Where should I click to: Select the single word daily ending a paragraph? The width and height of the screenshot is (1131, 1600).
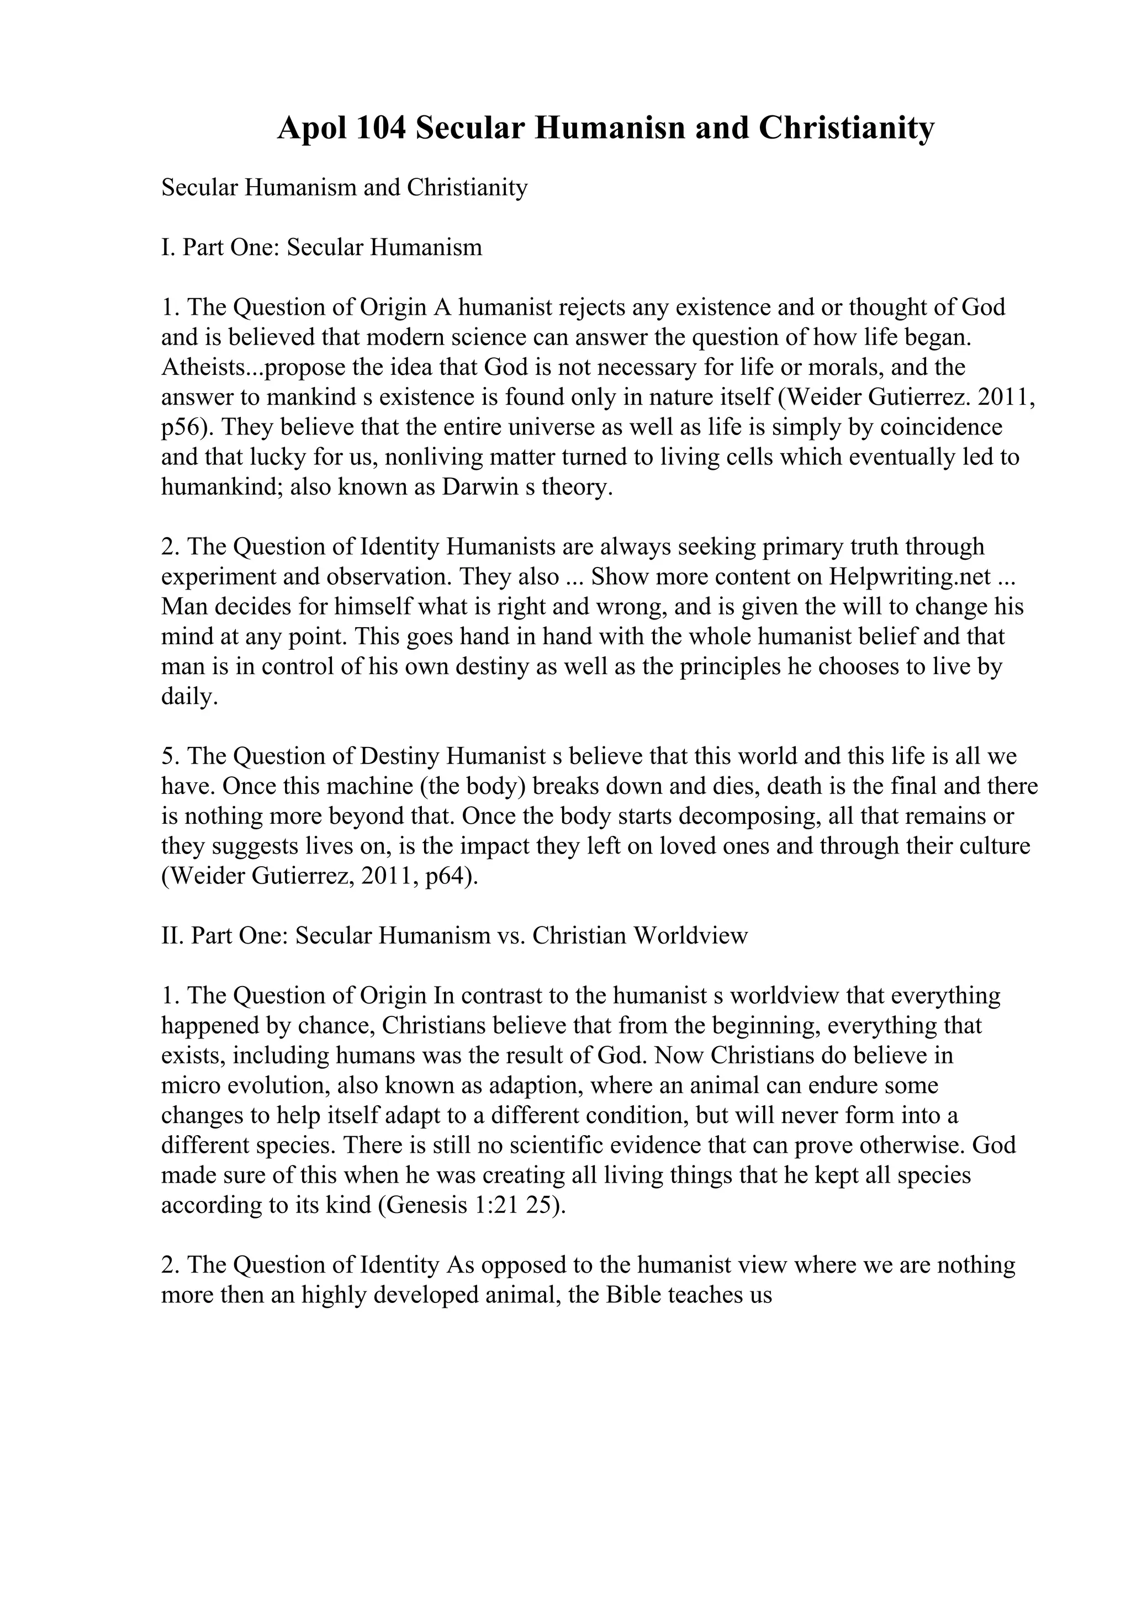pyautogui.click(x=187, y=696)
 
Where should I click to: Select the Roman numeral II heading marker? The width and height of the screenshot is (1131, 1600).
pyautogui.click(x=171, y=935)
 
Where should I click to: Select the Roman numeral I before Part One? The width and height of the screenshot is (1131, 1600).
pyautogui.click(x=166, y=247)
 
